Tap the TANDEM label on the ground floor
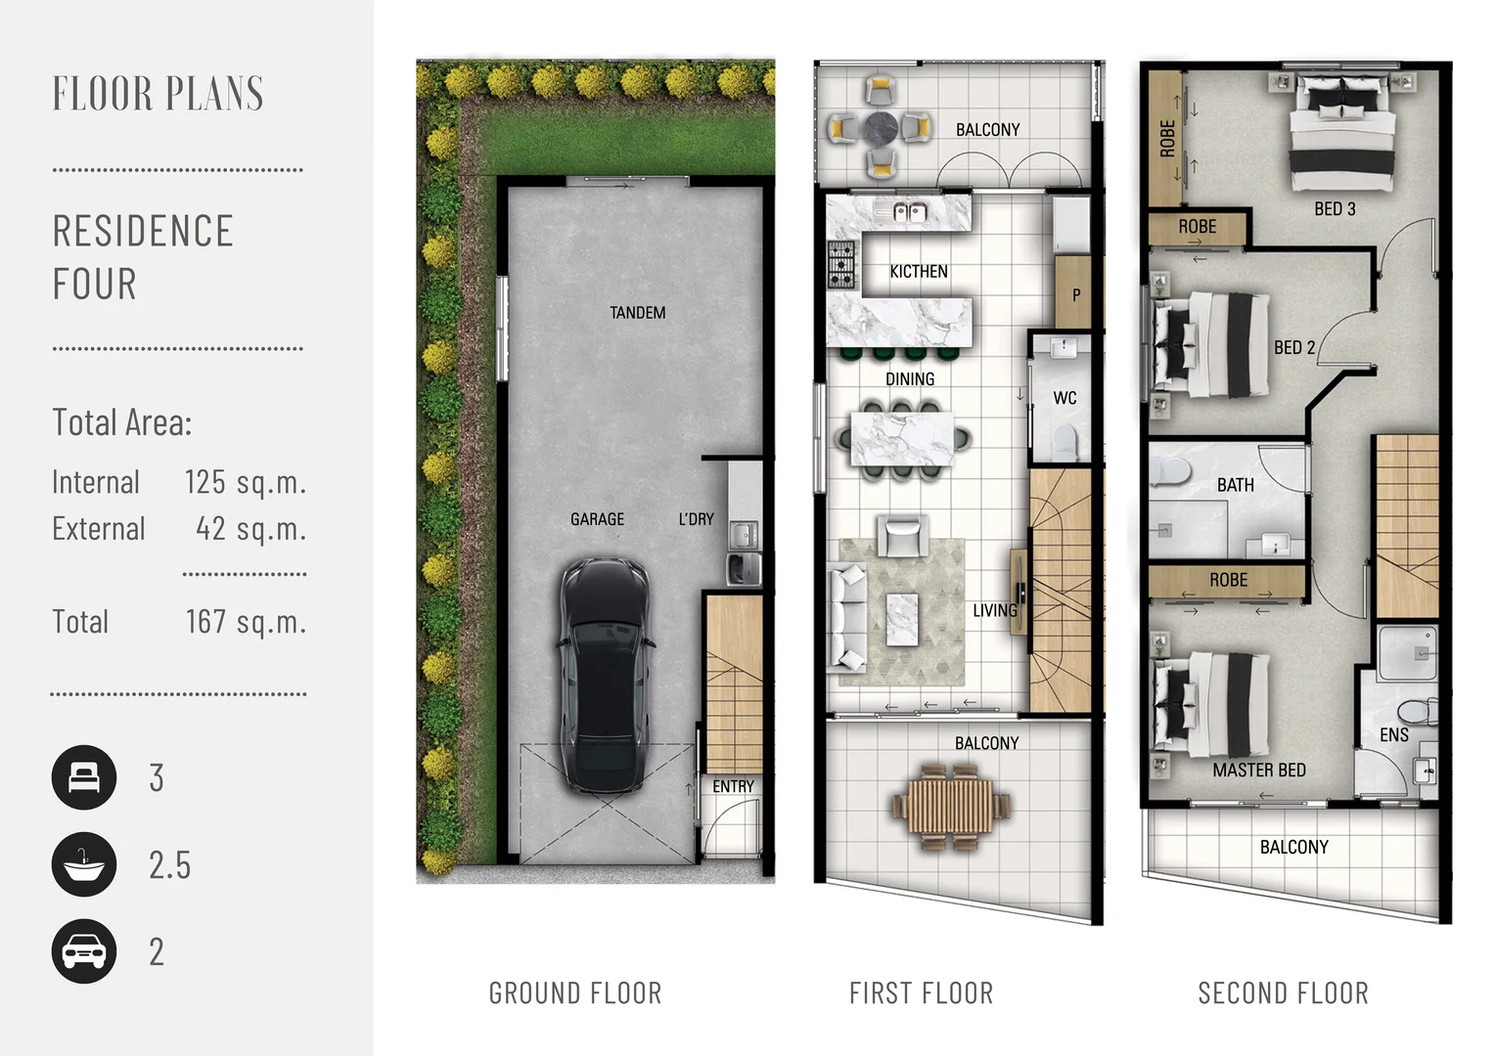point(637,313)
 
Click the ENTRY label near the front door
point(733,786)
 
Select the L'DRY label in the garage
point(696,519)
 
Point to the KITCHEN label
point(919,272)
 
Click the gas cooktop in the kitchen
point(841,265)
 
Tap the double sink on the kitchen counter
point(910,212)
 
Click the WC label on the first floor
point(1065,398)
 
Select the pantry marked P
point(1073,293)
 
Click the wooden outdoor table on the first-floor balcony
point(950,808)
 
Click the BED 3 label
point(1335,209)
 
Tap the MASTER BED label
point(1259,770)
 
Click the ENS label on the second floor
point(1393,735)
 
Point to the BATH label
point(1236,485)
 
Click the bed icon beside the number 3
point(84,777)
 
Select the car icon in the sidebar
point(84,951)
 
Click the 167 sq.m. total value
point(246,622)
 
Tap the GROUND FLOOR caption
point(575,993)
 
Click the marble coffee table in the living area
point(902,620)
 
